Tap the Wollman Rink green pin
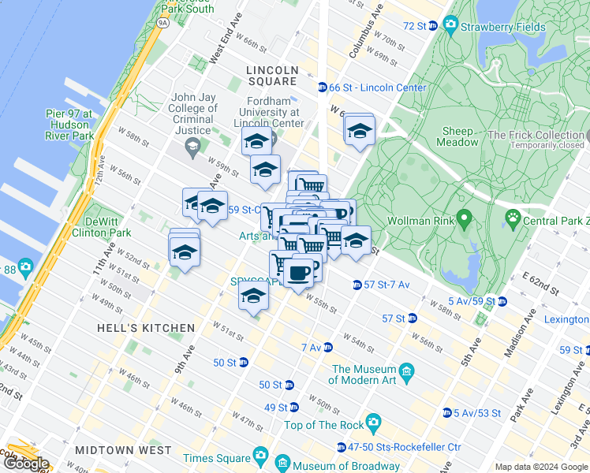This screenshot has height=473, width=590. pos(465,216)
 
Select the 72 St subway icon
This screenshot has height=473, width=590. pos(433,26)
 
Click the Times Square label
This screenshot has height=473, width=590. pos(215,458)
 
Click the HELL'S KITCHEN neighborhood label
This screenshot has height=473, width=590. pos(146,328)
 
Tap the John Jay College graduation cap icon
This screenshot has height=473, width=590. pos(192,146)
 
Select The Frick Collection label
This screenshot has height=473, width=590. pos(536,136)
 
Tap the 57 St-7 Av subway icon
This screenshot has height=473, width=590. pos(357,284)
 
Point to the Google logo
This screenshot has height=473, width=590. pos(25,464)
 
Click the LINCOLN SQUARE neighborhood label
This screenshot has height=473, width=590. pos(273,76)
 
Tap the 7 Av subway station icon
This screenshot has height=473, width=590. pos(327,347)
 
